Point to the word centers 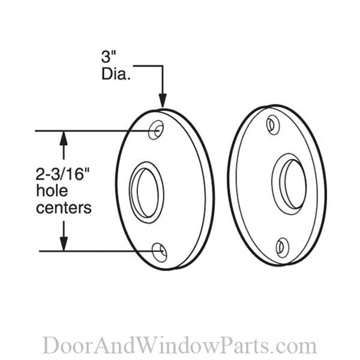point(64,208)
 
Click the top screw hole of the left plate point(157,130)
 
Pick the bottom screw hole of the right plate point(282,246)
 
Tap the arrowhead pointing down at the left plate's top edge point(162,102)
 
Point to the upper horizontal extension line point(90,130)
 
